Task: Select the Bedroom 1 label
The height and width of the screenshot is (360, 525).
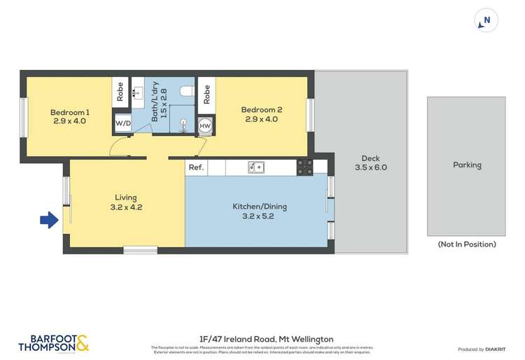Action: tap(70, 116)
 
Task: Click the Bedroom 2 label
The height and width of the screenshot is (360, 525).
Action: tap(261, 114)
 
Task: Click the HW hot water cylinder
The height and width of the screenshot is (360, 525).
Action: tap(205, 125)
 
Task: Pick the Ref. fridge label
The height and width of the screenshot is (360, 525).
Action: tap(196, 167)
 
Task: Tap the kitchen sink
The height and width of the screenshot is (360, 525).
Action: tap(256, 167)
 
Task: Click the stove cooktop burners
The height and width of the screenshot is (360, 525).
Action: tap(304, 167)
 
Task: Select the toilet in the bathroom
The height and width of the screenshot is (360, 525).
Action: tap(185, 91)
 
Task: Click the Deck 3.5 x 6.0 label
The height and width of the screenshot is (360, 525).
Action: tap(370, 162)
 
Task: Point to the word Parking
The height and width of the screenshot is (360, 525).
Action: tap(467, 165)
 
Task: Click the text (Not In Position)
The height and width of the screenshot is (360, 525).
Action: tap(466, 244)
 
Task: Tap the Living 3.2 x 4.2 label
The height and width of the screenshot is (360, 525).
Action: tap(126, 202)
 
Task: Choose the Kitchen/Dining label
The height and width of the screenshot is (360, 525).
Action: tap(260, 211)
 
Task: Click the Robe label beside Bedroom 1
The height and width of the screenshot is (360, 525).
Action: tap(120, 95)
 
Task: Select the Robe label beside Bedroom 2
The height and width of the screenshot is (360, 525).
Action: tap(206, 95)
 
